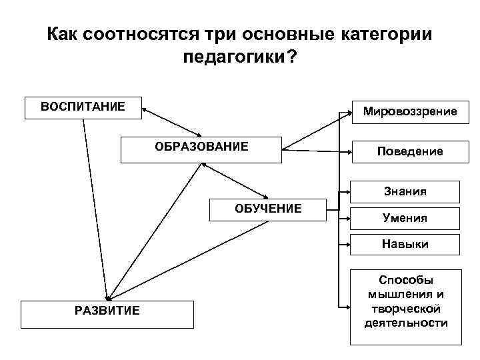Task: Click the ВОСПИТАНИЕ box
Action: click(83, 107)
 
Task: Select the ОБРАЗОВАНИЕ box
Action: click(201, 150)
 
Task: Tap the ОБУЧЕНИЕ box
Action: click(268, 209)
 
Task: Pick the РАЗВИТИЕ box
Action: click(107, 314)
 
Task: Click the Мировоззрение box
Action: click(410, 111)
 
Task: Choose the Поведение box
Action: click(409, 151)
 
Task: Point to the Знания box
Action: click(405, 192)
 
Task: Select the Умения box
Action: click(405, 218)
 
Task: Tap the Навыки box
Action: click(405, 244)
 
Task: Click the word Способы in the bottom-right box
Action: click(405, 280)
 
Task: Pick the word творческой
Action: click(405, 309)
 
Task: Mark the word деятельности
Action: click(405, 323)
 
